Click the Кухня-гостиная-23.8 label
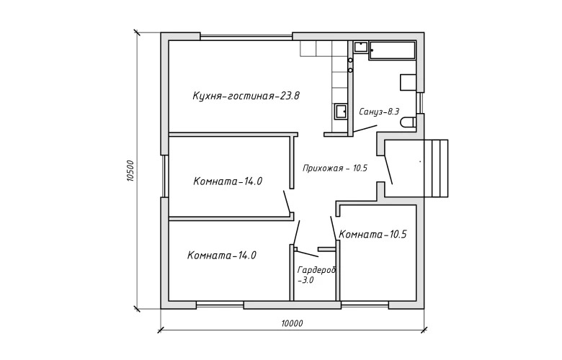tap(246, 96)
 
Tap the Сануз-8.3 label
tap(379, 112)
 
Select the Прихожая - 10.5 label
tap(335, 168)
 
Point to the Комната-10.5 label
tap(373, 234)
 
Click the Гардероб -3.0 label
tap(316, 275)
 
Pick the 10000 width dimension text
tap(292, 324)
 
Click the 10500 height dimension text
tap(130, 171)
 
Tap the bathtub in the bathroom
tap(393, 50)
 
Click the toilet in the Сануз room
tap(409, 122)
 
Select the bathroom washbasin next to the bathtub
tap(361, 47)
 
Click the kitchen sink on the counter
tap(341, 112)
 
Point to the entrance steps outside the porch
tap(436, 168)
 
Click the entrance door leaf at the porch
tap(388, 170)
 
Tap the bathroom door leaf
tap(365, 129)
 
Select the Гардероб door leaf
tap(307, 253)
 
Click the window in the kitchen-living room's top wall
tap(246, 37)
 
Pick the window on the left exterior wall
tap(164, 176)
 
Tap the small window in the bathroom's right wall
tap(421, 103)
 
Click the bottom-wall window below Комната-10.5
tap(365, 305)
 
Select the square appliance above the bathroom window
tap(408, 82)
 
